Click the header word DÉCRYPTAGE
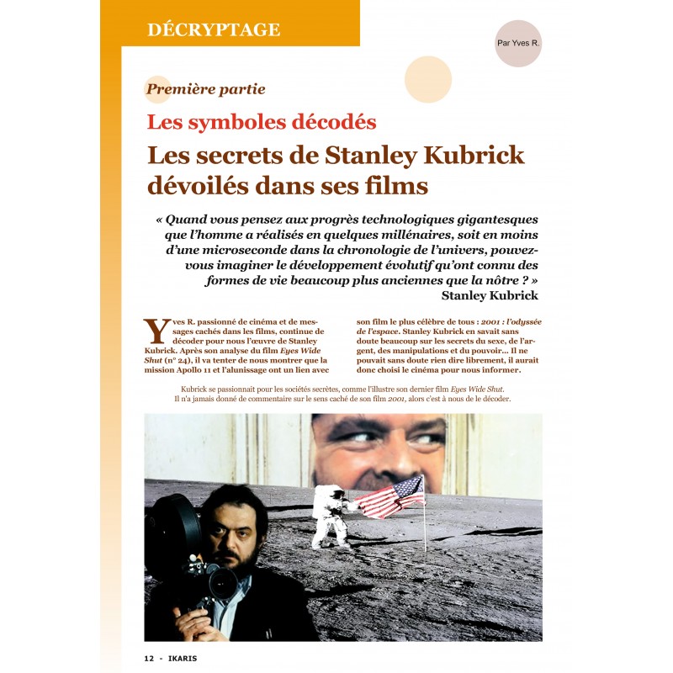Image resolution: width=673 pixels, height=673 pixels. point(213,29)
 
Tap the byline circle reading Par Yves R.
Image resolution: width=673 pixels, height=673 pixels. point(517,43)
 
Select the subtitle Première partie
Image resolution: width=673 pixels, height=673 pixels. point(206,88)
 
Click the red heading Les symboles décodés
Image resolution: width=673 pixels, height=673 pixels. point(262,121)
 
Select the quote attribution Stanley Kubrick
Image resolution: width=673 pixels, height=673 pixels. point(490,295)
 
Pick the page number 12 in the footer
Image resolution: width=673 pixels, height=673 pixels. point(150,657)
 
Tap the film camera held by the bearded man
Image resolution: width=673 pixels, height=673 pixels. point(189,547)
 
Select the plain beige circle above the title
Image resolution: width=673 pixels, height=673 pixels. point(428,79)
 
